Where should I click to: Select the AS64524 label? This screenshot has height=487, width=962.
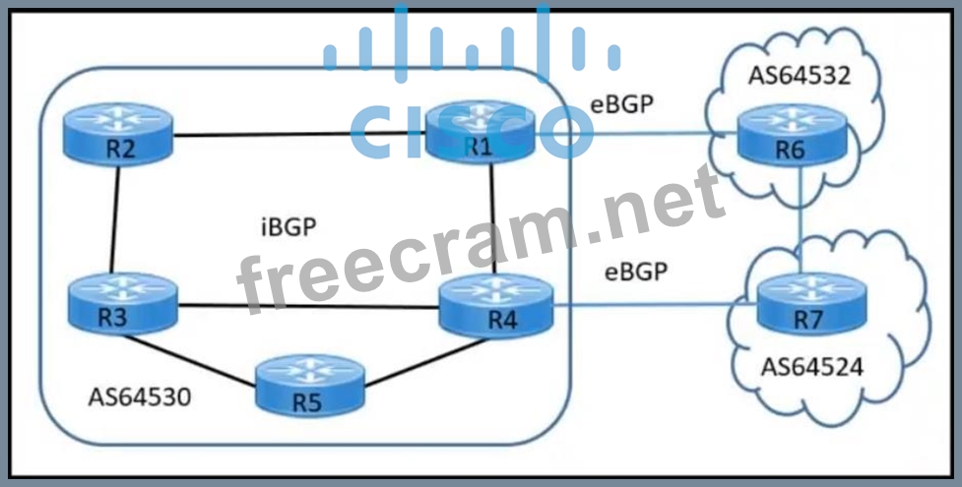coord(812,368)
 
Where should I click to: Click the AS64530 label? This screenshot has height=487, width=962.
coord(139,398)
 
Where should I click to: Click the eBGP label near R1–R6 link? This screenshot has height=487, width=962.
coord(621,104)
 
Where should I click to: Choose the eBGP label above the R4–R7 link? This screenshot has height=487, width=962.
coord(635,272)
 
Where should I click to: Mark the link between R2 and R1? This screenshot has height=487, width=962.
coord(295,137)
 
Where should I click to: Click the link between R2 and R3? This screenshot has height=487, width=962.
coord(115,216)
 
